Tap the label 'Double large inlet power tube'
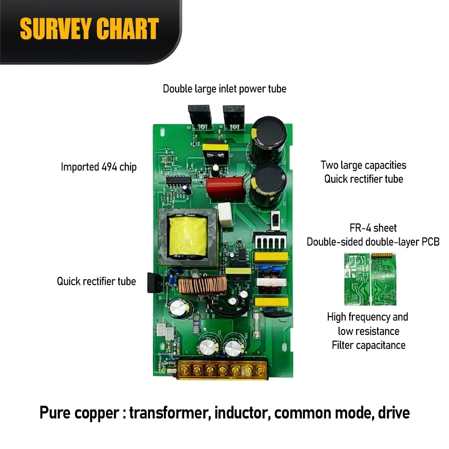[x=224, y=89]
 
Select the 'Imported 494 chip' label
[x=98, y=167]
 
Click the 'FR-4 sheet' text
[x=373, y=228]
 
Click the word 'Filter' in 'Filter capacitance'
[x=342, y=345]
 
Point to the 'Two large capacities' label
[x=363, y=165]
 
